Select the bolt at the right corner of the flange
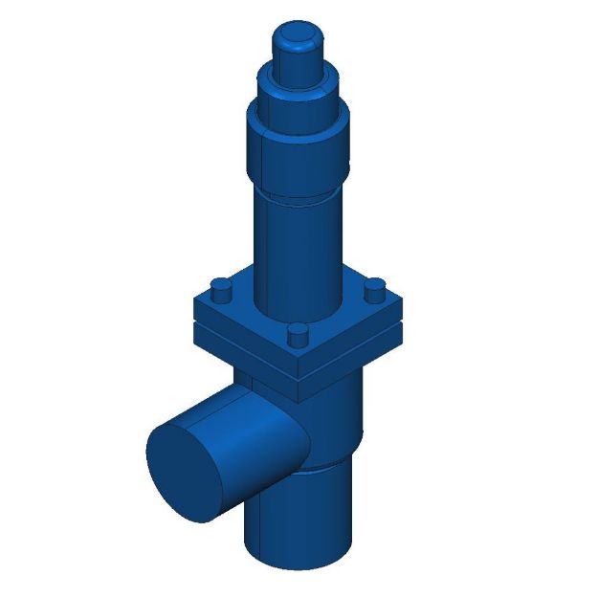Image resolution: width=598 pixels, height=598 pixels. (376, 286)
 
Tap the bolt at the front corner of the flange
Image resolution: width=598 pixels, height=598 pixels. (299, 334)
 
